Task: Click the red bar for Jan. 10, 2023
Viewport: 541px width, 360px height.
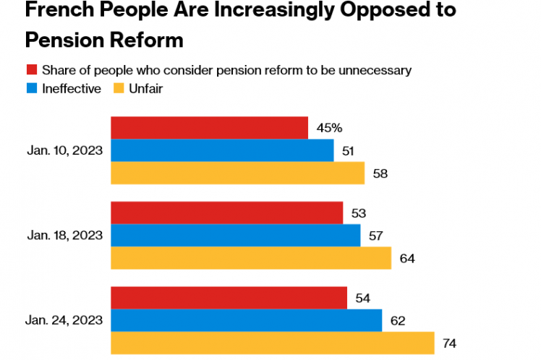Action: pyautogui.click(x=209, y=128)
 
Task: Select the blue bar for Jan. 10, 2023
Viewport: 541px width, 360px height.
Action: pyautogui.click(x=222, y=150)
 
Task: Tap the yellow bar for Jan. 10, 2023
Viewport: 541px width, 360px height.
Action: pyautogui.click(x=237, y=173)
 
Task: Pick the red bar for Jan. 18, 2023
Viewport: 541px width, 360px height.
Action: pyautogui.click(x=226, y=213)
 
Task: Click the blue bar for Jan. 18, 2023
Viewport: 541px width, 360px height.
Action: pyautogui.click(x=235, y=236)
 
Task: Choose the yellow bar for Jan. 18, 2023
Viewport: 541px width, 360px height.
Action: pyautogui.click(x=250, y=258)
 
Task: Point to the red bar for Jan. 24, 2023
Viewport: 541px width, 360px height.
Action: pyautogui.click(x=229, y=298)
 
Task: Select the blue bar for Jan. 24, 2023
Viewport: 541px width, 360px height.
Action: pyautogui.click(x=246, y=320)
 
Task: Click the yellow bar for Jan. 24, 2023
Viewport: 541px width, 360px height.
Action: pyautogui.click(x=272, y=343)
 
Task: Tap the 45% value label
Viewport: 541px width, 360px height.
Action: pyautogui.click(x=329, y=128)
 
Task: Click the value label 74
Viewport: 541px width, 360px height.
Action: pyautogui.click(x=449, y=343)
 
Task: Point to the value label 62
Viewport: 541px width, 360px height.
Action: pyautogui.click(x=397, y=320)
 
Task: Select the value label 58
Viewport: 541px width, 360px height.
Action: pyautogui.click(x=380, y=173)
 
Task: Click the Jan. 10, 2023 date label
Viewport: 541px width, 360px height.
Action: pyautogui.click(x=64, y=150)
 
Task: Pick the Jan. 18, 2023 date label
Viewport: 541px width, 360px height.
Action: pyautogui.click(x=64, y=235)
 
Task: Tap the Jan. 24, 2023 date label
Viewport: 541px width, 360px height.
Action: pyautogui.click(x=64, y=320)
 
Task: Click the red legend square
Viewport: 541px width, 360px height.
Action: pyautogui.click(x=32, y=70)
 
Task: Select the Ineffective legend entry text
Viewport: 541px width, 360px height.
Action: pyautogui.click(x=72, y=89)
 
